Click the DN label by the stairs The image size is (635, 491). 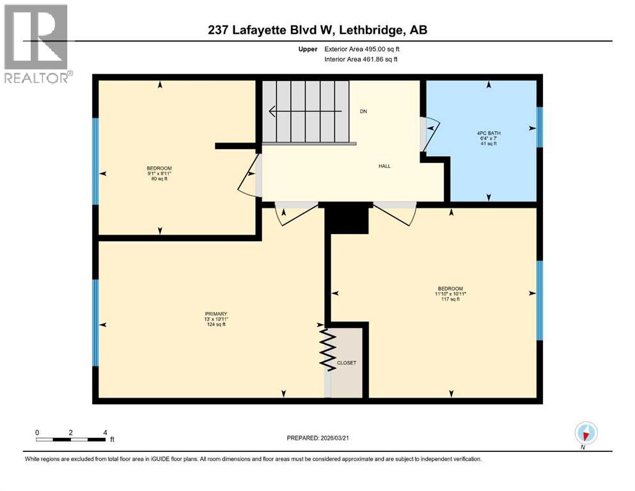363,111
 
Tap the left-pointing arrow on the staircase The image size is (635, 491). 275,111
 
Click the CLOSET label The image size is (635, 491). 346,363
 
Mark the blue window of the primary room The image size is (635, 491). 96,322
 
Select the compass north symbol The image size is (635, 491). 586,433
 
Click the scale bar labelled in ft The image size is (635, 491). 71,439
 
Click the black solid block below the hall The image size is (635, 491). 347,219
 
